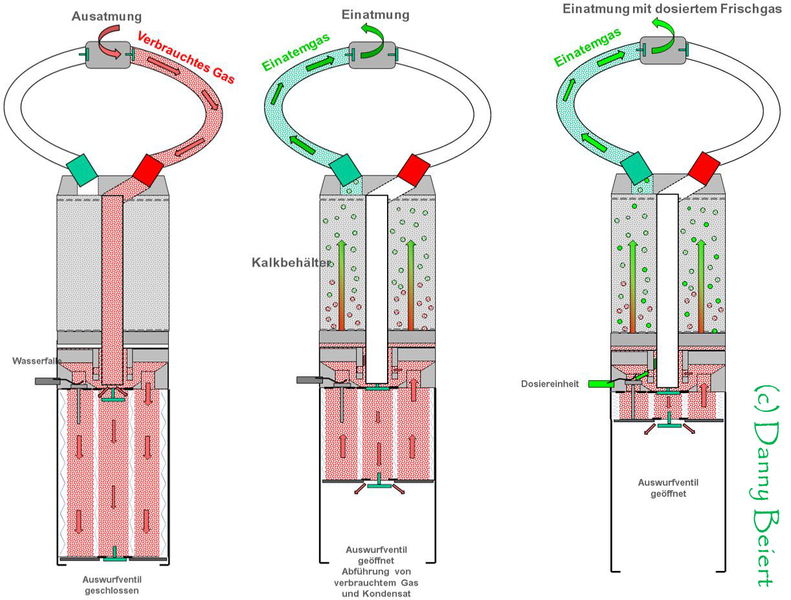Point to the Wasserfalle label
coord(34,361)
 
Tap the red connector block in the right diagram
coord(704,167)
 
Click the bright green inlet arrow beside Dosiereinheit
coord(601,384)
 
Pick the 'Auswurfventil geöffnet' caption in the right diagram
coord(668,488)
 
